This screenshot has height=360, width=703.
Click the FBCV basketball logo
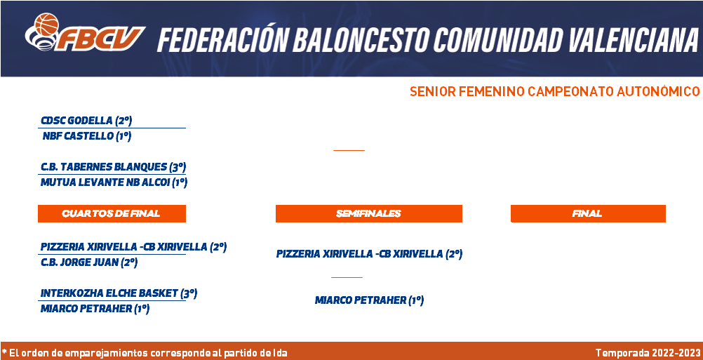[x=85, y=32]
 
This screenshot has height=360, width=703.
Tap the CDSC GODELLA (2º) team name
[x=86, y=121]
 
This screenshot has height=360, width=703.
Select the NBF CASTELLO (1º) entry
[x=86, y=136]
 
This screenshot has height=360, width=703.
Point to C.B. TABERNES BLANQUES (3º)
[x=113, y=167]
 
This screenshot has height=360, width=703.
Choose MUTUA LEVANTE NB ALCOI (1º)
[x=114, y=183]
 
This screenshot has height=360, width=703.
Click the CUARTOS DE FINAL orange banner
[x=112, y=214]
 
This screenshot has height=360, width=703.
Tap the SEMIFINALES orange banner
[x=368, y=214]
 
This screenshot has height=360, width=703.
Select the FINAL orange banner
[x=588, y=214]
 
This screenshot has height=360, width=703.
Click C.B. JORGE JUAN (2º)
[x=89, y=262]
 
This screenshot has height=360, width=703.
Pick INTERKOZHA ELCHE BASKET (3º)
[x=119, y=293]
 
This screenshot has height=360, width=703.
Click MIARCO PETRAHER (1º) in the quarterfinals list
[x=95, y=309]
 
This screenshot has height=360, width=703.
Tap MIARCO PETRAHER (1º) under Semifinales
[x=369, y=300]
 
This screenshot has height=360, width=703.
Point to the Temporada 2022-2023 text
[x=648, y=353]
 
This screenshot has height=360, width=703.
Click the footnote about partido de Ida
[x=145, y=353]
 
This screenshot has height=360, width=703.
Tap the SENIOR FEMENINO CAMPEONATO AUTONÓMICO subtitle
[x=554, y=91]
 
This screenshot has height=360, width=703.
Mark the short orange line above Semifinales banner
[x=349, y=150]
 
